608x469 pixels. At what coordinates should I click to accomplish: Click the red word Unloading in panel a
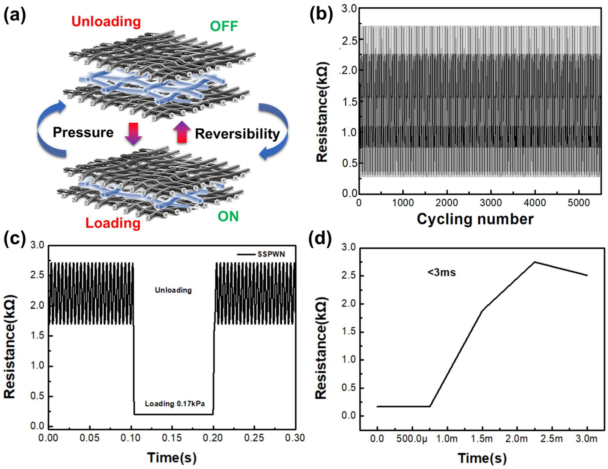tap(106, 22)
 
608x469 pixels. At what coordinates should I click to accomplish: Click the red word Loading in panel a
tap(113, 223)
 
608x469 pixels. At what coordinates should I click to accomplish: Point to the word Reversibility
tap(237, 134)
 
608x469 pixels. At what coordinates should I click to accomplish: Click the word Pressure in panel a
tap(83, 132)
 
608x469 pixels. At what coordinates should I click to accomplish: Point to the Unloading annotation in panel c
tap(173, 290)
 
